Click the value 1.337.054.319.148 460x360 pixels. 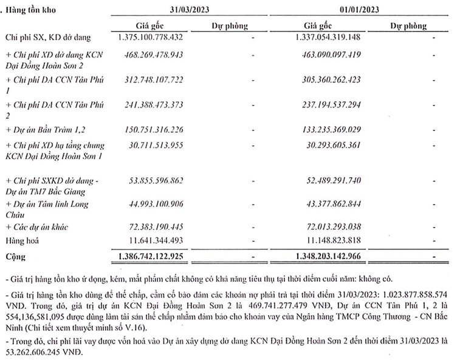click(x=328, y=38)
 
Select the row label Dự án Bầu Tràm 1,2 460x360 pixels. click(x=44, y=129)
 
